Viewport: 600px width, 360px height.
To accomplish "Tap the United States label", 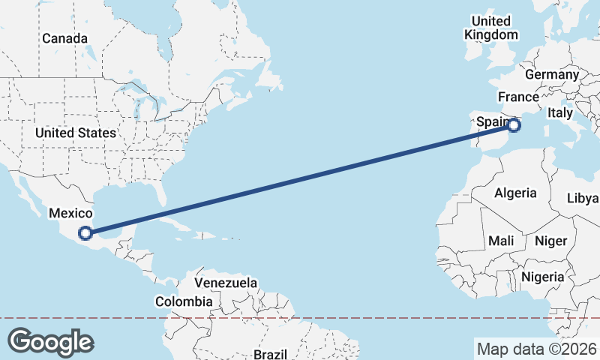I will tap(76, 133).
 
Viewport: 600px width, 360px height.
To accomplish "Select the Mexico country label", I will tap(70, 214).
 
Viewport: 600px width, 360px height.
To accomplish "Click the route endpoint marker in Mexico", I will tap(86, 233).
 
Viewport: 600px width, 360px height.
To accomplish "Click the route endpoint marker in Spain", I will tap(514, 125).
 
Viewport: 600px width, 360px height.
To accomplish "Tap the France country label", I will tap(518, 97).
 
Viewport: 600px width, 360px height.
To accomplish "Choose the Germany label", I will tap(552, 75).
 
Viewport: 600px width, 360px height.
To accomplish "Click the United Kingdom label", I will tap(491, 28).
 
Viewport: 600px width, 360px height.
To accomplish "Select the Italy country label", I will tap(559, 112).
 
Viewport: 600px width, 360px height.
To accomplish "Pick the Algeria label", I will tap(515, 193).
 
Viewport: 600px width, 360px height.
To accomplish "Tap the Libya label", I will tap(583, 198).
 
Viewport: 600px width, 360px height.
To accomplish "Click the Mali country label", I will tap(500, 241).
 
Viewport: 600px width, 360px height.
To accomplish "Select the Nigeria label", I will tap(542, 277).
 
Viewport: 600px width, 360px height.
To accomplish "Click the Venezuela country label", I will tap(226, 283).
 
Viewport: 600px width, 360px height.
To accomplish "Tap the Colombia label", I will tap(184, 301).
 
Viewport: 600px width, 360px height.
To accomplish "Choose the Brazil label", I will tap(270, 353).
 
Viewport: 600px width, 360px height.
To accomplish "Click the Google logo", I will tap(51, 342).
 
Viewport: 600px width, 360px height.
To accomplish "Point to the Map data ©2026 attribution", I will tap(536, 349).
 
